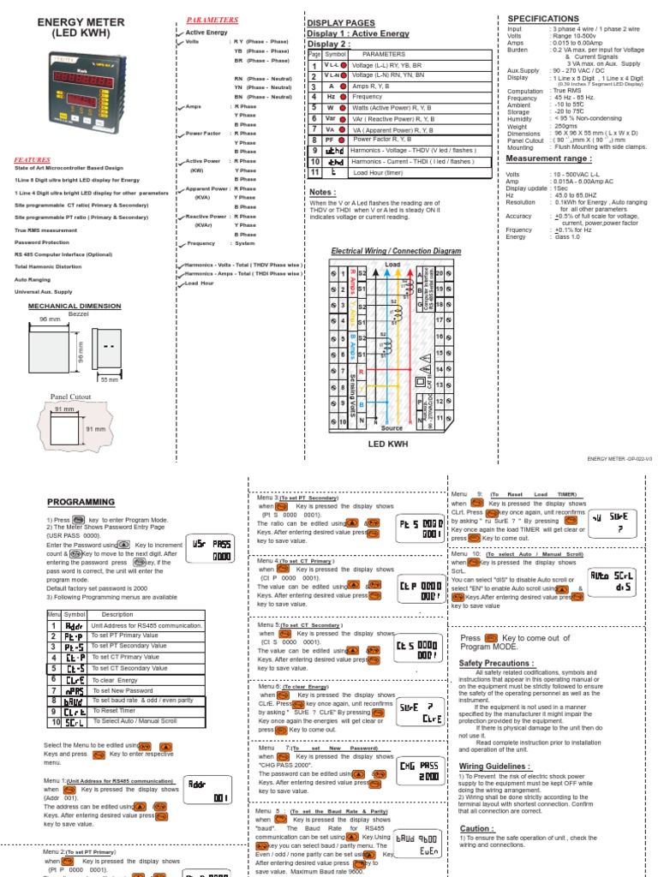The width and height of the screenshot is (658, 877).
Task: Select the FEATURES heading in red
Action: click(32, 159)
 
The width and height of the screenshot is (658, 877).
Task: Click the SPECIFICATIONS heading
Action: click(543, 18)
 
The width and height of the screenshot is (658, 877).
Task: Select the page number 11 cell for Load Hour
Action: click(314, 172)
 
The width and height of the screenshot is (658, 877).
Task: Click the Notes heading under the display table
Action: click(322, 192)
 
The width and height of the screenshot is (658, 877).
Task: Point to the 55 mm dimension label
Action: click(110, 378)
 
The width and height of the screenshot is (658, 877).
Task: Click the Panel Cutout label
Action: click(69, 397)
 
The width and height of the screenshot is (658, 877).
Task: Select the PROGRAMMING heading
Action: click(81, 502)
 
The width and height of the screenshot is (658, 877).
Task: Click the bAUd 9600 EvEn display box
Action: click(417, 843)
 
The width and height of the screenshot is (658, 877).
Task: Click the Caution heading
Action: click(477, 829)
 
